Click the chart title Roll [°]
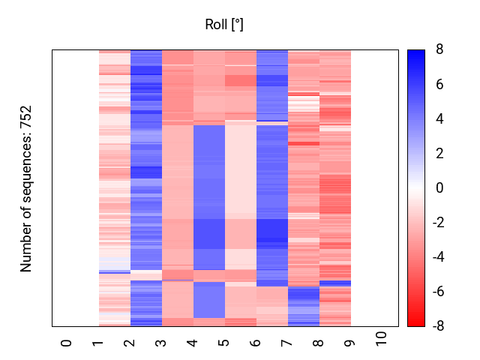point(224,25)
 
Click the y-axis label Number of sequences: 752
point(26,188)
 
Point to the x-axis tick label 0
point(67,343)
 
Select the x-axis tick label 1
point(98,343)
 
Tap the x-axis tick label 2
point(130,343)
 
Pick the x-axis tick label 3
point(161,343)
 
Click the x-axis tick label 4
point(193,343)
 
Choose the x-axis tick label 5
point(224,343)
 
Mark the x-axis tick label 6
point(256,343)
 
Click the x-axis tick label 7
point(287,343)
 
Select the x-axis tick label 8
point(319,343)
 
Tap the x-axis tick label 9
point(350,343)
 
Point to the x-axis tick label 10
point(382,340)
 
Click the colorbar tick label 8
point(439,50)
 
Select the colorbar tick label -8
point(437,326)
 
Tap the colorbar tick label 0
point(439,188)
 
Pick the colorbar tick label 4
point(439,119)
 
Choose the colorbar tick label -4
point(437,257)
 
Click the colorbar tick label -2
point(437,223)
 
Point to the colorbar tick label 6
point(439,85)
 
